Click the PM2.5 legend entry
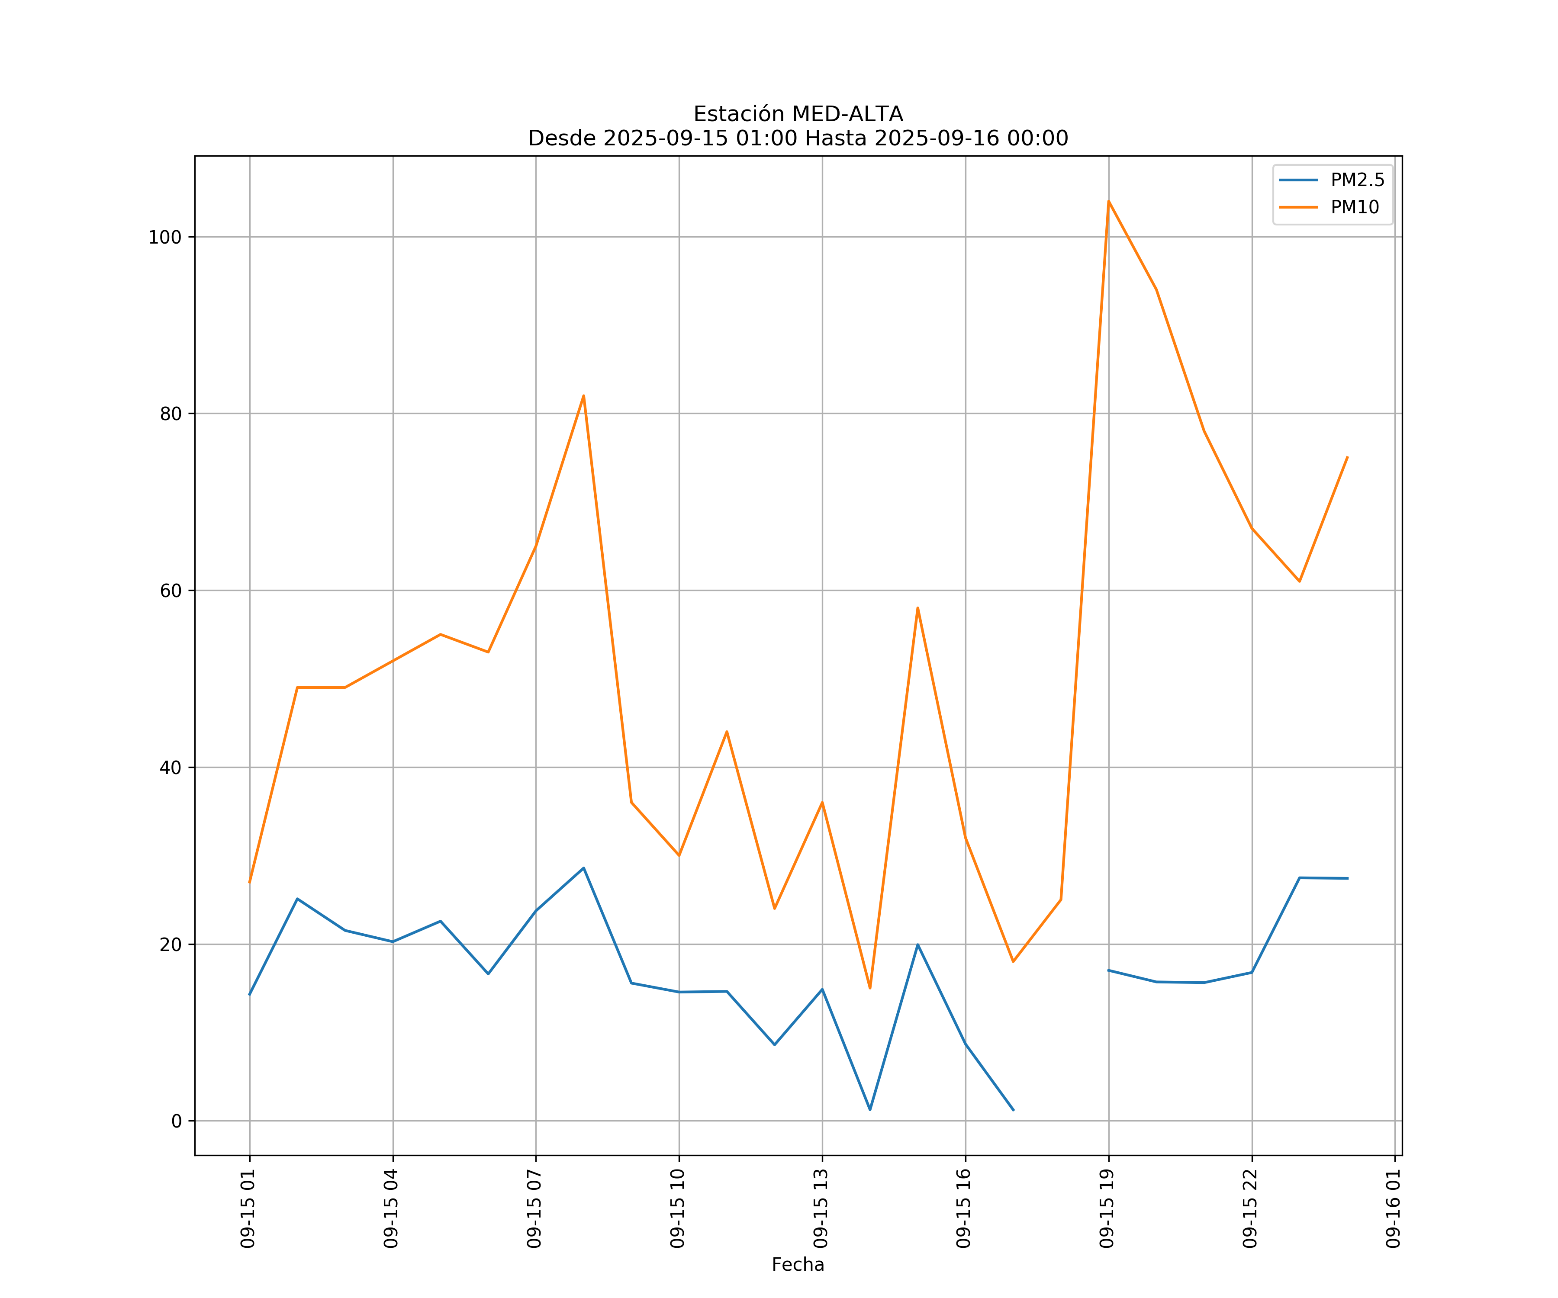coord(1356,180)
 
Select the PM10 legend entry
coord(1354,208)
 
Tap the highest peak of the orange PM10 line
coord(1108,201)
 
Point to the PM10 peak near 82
coord(584,395)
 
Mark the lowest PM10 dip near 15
coord(870,988)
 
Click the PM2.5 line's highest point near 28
coord(584,868)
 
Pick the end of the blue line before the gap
coord(1014,1110)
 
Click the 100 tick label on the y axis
coord(165,238)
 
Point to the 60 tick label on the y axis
coord(171,591)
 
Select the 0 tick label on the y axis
coord(177,1121)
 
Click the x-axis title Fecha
coord(798,1265)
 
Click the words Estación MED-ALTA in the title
coord(798,114)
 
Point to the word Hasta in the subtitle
coord(835,139)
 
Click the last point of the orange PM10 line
coord(1347,457)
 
